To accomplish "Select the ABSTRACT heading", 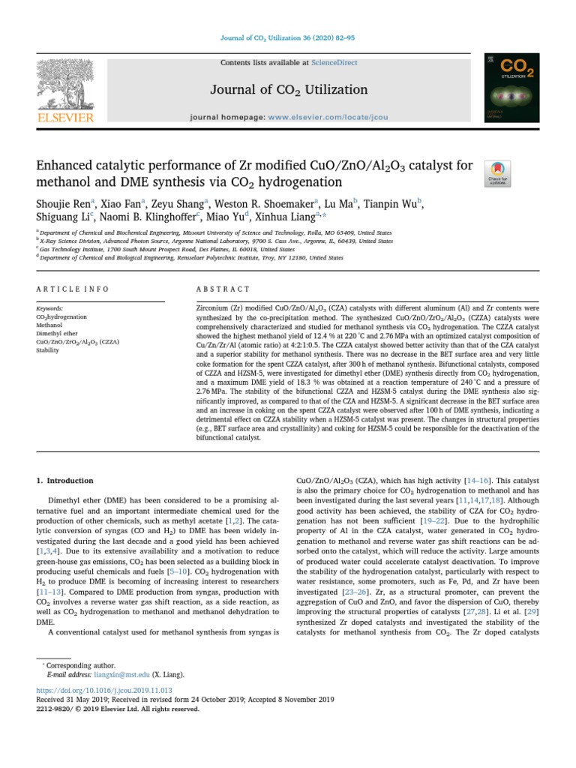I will [x=222, y=289].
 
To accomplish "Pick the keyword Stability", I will [x=48, y=349].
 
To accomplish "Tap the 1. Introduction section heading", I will [x=65, y=481].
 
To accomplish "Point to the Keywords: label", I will [x=50, y=308].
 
